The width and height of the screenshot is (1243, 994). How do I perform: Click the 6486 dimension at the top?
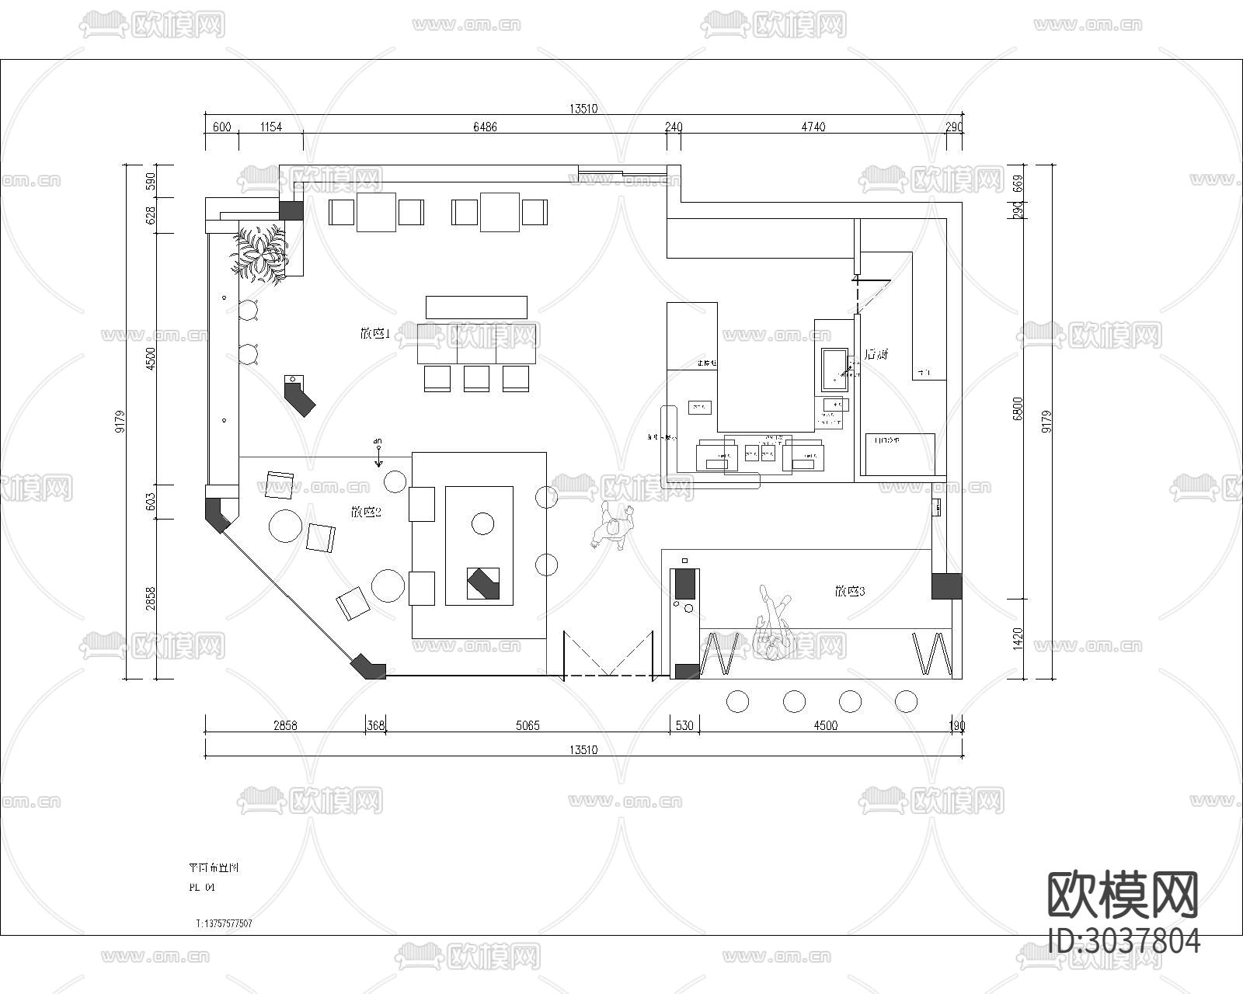coord(485,127)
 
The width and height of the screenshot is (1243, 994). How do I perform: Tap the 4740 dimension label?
coord(813,127)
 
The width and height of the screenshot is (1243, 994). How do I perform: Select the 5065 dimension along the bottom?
coord(527,726)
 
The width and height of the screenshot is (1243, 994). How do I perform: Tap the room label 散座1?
coord(374,334)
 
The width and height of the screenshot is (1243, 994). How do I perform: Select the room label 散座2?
coord(365,512)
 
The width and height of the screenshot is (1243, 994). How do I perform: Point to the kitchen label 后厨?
coord(876,355)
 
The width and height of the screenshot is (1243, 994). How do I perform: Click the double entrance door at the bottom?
coord(608,656)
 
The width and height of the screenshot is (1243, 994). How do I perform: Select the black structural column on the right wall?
coord(946,586)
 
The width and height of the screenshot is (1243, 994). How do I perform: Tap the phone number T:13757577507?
coord(224,923)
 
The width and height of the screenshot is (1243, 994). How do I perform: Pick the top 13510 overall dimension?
coord(583,109)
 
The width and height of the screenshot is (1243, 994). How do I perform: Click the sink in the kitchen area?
coord(836,370)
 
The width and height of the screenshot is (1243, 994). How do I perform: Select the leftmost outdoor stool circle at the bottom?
coord(737,701)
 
